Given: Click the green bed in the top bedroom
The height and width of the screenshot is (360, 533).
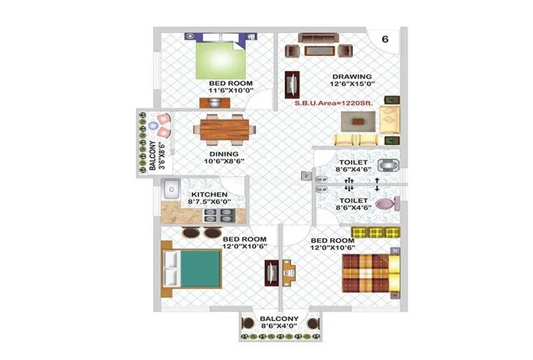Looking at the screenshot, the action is click(x=221, y=61).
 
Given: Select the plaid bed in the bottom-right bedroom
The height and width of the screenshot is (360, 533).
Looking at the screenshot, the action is click(x=371, y=273).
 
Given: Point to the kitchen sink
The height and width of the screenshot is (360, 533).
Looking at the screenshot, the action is click(x=172, y=189).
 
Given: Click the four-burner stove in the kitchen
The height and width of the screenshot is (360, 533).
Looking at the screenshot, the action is click(x=219, y=215).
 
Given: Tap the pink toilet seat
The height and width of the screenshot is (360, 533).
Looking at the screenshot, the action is click(x=387, y=204).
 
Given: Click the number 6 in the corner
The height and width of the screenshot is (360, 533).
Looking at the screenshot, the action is click(x=384, y=39).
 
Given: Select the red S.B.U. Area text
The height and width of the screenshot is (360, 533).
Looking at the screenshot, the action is click(x=333, y=103).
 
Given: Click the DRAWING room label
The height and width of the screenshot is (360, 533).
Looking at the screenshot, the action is click(x=352, y=77).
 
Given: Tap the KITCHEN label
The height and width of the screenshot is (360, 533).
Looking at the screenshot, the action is click(x=209, y=195).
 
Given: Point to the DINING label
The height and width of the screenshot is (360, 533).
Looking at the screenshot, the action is click(x=224, y=154).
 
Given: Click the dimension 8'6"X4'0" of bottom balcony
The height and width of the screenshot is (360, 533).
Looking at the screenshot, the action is click(x=279, y=326).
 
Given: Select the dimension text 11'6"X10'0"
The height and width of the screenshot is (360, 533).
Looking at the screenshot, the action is click(x=231, y=90).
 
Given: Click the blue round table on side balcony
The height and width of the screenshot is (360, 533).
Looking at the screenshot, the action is click(x=153, y=126).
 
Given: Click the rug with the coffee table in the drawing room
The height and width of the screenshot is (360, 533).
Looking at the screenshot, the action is click(x=358, y=121).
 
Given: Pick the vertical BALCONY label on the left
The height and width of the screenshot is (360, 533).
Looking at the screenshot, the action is click(x=152, y=155).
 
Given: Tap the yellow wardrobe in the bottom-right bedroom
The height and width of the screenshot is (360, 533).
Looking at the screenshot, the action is click(x=375, y=233).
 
